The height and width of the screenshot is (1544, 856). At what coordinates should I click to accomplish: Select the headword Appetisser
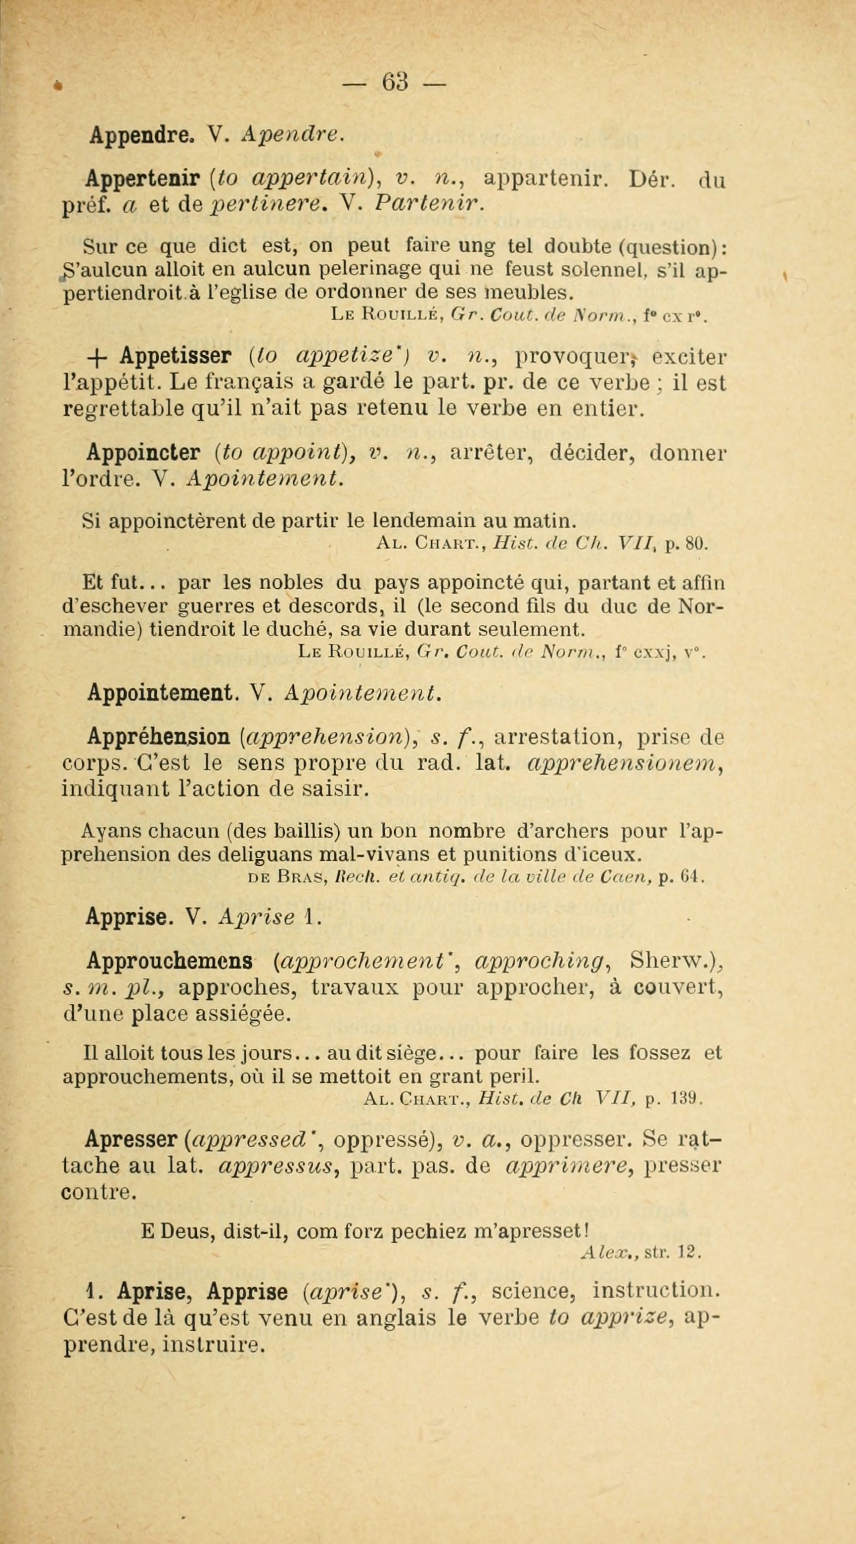(176, 356)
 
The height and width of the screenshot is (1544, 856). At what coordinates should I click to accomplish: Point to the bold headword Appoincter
(143, 453)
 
